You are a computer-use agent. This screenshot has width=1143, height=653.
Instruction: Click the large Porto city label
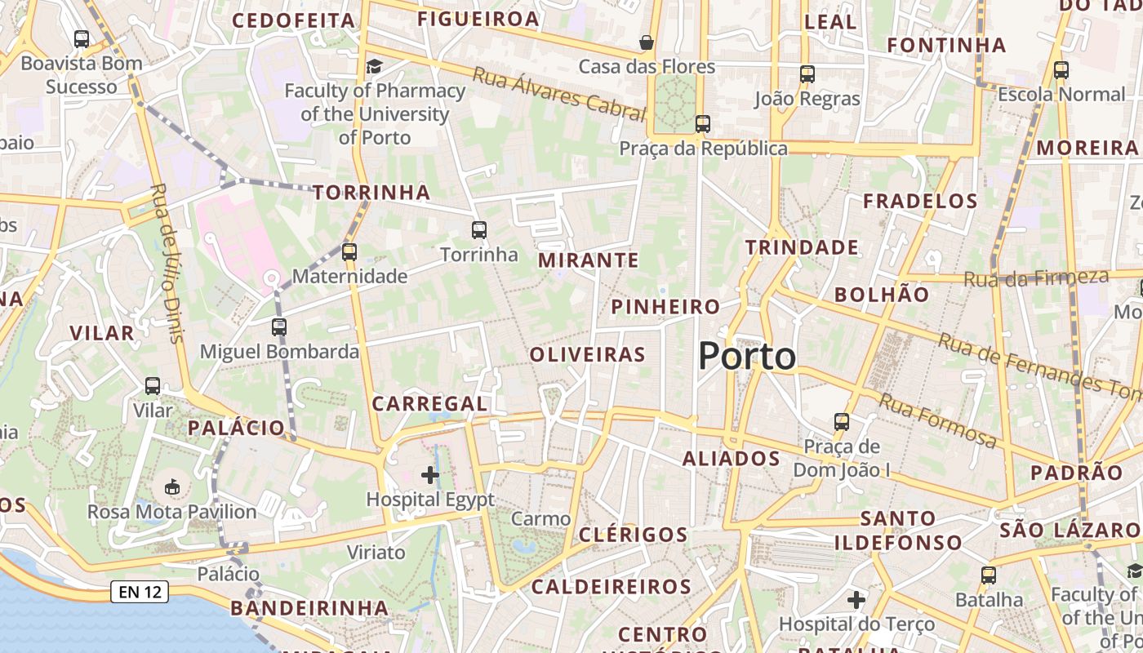point(747,357)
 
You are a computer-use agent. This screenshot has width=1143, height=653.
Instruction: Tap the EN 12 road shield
point(140,593)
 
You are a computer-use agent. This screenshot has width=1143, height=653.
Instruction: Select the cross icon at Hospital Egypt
point(430,474)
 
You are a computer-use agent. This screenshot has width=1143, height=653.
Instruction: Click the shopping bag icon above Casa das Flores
point(647,42)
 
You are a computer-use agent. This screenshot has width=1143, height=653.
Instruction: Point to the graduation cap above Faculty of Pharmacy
point(374,66)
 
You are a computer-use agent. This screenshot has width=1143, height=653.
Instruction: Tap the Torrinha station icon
point(479,230)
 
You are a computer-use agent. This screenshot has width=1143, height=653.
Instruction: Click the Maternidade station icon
point(349,251)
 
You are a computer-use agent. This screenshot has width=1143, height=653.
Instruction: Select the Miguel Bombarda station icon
point(279,327)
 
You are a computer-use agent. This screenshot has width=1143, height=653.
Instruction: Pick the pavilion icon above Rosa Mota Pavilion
point(171,487)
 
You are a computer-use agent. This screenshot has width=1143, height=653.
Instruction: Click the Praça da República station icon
point(703,124)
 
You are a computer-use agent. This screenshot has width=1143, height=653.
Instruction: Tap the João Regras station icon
point(807,74)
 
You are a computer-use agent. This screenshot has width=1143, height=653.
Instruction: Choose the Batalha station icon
point(989,575)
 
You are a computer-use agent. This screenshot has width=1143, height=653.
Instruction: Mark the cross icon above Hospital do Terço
point(856,600)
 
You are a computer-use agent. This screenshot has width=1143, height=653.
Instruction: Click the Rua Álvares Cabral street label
point(558,94)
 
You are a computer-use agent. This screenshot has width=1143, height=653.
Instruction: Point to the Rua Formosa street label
point(937,420)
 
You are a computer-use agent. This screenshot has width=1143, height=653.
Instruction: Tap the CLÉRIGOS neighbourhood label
point(634,535)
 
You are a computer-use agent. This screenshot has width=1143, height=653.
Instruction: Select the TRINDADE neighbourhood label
point(802,247)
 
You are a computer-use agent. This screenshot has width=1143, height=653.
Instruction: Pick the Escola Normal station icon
point(1061,70)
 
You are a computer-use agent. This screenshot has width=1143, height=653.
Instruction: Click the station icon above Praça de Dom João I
point(842,422)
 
